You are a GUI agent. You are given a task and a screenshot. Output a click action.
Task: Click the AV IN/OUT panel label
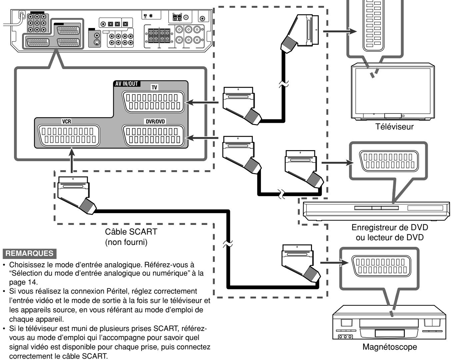(x=127, y=84)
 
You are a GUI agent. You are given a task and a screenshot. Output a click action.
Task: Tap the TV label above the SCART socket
(x=154, y=87)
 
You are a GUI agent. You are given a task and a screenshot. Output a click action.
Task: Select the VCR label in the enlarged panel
(x=67, y=121)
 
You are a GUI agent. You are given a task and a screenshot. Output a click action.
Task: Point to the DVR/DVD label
(x=155, y=121)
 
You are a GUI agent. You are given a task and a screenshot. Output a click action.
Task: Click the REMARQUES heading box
(x=29, y=253)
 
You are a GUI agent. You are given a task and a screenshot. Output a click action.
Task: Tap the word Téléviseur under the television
(x=394, y=127)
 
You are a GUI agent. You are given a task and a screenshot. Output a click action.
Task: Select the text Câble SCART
(x=131, y=232)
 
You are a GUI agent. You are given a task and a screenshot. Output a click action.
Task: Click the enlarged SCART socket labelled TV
(x=153, y=102)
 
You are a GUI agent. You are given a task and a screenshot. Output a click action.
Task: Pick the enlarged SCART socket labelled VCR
(x=68, y=135)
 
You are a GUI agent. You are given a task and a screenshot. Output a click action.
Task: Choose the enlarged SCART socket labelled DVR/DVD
(x=153, y=136)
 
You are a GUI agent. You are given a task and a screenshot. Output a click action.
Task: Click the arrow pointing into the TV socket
(x=202, y=102)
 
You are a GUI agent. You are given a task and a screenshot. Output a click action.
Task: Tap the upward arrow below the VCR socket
(x=72, y=160)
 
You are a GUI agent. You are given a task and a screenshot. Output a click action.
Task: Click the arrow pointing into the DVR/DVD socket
(x=202, y=138)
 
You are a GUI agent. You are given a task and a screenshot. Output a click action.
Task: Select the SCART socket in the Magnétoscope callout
(x=381, y=266)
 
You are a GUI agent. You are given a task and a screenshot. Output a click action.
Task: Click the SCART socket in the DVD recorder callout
(x=389, y=161)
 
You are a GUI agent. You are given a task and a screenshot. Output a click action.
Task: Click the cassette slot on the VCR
(x=389, y=323)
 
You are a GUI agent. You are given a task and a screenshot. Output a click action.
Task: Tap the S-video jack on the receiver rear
(x=97, y=42)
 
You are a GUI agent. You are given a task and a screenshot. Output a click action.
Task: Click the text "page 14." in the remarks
(x=23, y=282)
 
